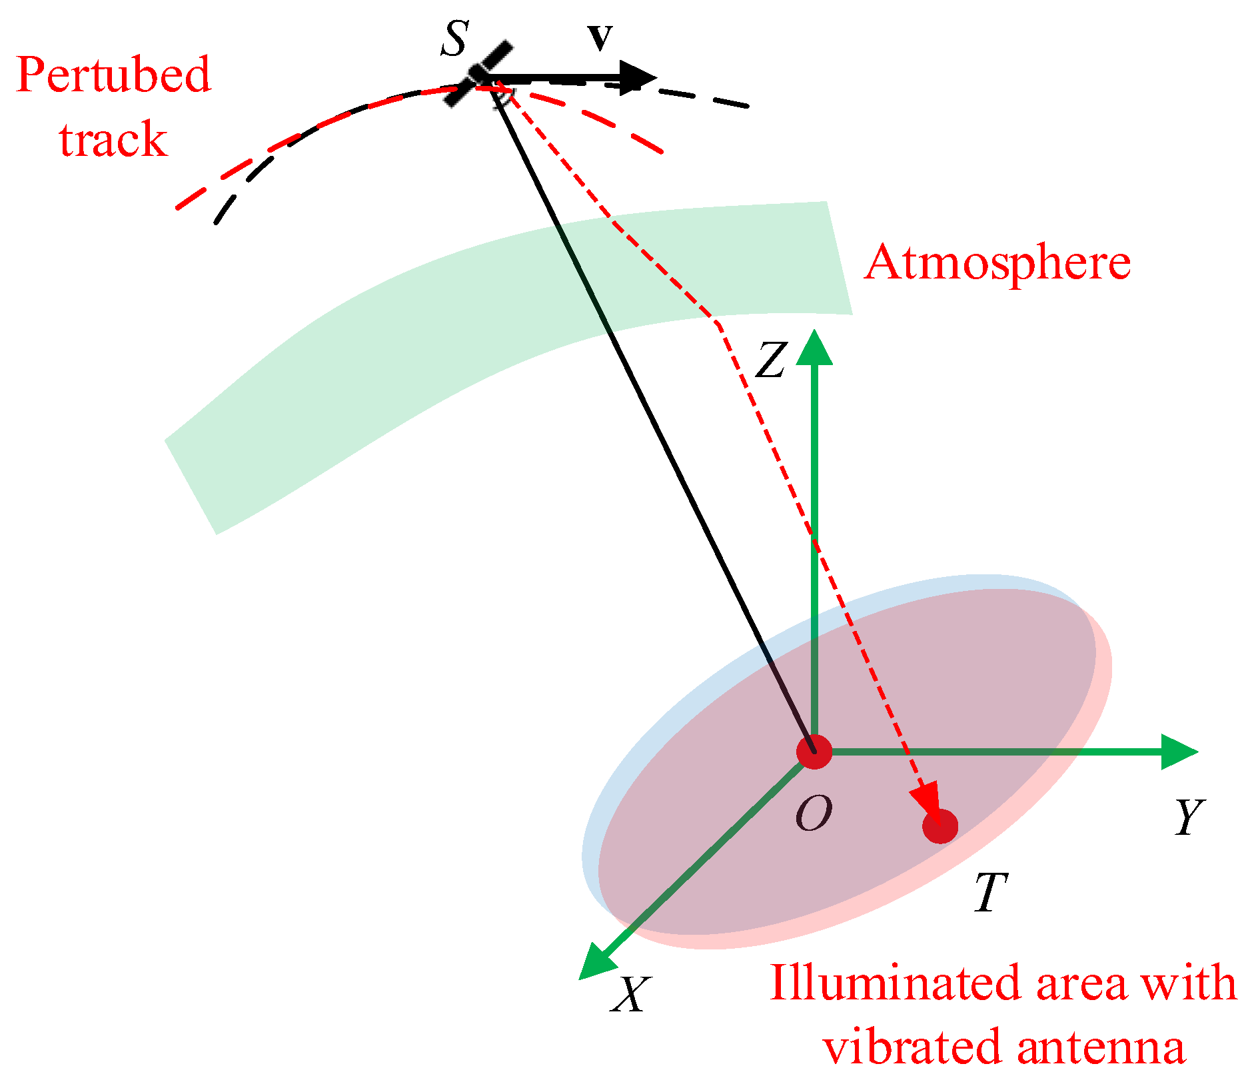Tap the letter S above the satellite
454,39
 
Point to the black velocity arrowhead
638,77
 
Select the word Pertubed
113,75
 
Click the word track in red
113,140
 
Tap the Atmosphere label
997,263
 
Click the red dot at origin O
814,752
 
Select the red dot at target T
940,826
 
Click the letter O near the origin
814,814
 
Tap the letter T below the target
990,892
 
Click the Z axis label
771,360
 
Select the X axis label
630,995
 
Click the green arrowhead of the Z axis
814,348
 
